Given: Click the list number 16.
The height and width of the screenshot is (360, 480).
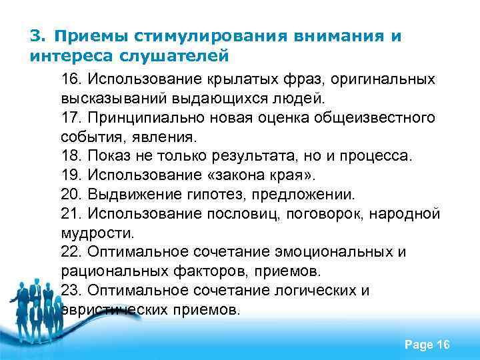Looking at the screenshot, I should (x=69, y=79).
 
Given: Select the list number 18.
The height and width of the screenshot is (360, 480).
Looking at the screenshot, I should (x=69, y=157).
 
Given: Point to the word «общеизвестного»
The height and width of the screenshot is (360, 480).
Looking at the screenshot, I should (x=378, y=118).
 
